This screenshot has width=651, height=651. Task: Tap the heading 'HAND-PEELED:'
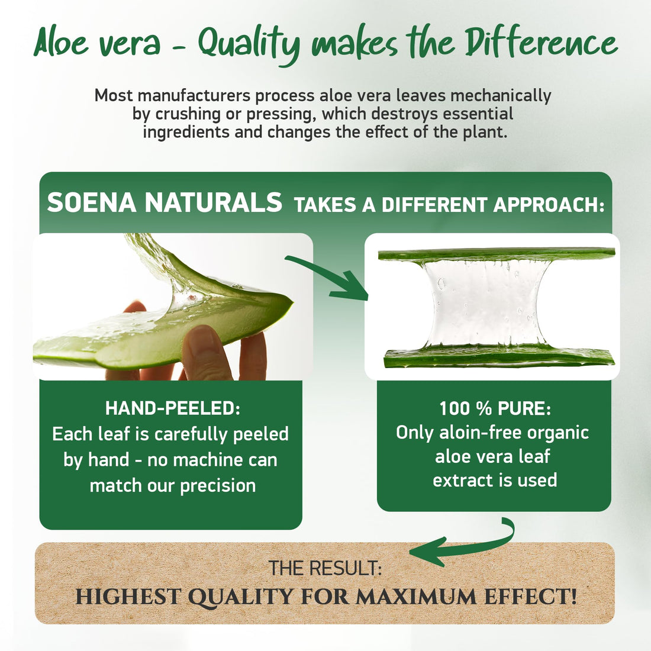click(172, 408)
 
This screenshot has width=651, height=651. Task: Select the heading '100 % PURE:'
click(495, 408)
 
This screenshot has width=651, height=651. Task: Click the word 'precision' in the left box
click(218, 486)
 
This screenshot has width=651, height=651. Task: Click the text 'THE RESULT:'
click(325, 568)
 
